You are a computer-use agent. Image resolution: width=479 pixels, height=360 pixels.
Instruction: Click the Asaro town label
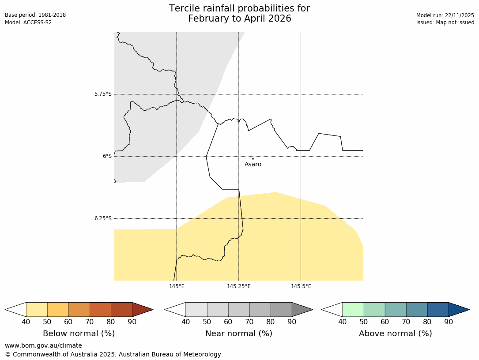pyautogui.click(x=253, y=165)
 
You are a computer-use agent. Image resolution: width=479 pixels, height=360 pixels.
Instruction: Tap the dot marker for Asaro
pyautogui.click(x=253, y=158)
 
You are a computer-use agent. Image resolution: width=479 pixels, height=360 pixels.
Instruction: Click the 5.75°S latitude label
pyautogui.click(x=103, y=94)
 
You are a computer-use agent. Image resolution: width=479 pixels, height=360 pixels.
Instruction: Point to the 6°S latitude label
pyautogui.click(x=107, y=156)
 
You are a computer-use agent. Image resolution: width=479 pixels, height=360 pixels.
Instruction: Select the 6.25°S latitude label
pyautogui.click(x=103, y=218)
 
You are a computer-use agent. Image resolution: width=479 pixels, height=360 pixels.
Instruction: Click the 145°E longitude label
pyautogui.click(x=177, y=286)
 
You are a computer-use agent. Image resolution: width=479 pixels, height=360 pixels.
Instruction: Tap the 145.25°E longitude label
pyautogui.click(x=239, y=286)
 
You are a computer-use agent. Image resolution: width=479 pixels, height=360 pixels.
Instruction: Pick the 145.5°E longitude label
pyautogui.click(x=301, y=286)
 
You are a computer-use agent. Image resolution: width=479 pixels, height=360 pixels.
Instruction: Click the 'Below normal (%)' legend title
pyautogui.click(x=79, y=334)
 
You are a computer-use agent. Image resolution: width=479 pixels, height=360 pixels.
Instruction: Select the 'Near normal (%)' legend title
pyautogui.click(x=238, y=334)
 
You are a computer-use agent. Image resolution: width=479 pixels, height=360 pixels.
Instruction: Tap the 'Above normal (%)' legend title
pyautogui.click(x=395, y=334)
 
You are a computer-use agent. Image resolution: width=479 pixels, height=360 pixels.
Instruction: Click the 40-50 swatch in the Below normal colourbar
pyautogui.click(x=37, y=309)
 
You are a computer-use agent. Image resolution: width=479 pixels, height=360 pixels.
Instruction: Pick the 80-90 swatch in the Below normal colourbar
pyautogui.click(x=121, y=309)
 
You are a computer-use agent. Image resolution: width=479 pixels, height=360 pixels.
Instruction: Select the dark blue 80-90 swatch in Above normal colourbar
pyautogui.click(x=438, y=309)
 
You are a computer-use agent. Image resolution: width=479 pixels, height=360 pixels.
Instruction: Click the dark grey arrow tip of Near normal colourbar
pyautogui.click(x=302, y=309)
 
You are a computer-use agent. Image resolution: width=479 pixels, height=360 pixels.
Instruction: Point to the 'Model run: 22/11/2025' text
pyautogui.click(x=445, y=15)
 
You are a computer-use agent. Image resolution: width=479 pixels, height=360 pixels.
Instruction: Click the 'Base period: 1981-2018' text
pyautogui.click(x=35, y=15)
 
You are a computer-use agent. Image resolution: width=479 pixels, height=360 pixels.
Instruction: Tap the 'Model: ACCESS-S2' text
pyautogui.click(x=28, y=22)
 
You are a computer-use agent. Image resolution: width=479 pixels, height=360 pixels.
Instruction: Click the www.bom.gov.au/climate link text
pyautogui.click(x=43, y=345)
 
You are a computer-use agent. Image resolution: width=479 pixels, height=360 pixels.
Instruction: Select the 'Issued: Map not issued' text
pyautogui.click(x=445, y=22)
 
